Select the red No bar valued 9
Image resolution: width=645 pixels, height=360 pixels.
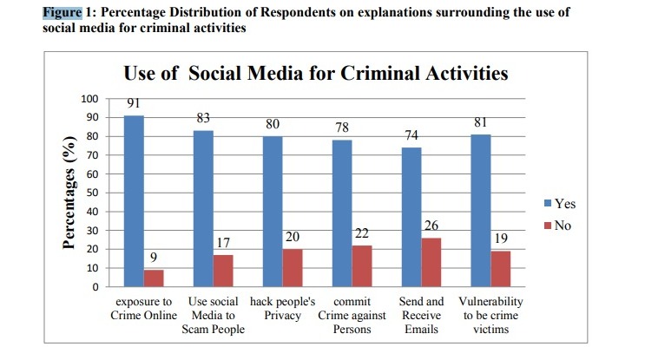[154, 278]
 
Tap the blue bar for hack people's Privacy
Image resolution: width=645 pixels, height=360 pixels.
[272, 211]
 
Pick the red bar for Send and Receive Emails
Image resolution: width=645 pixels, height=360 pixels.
[431, 262]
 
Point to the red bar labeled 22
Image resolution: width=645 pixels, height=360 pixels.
[361, 265]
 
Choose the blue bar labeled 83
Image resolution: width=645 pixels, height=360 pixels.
[203, 208]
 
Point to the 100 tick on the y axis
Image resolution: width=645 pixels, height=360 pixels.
[89, 99]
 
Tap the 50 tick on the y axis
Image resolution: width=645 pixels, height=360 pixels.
[92, 193]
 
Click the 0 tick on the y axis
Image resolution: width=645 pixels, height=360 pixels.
[95, 287]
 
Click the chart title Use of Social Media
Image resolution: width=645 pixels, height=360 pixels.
[316, 73]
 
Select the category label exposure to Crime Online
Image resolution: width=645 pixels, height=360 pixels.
[144, 308]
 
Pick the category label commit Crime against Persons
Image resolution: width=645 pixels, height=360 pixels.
[352, 315]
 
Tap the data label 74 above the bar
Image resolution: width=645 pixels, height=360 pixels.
[411, 136]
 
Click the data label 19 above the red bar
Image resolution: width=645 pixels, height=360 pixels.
[500, 236]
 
